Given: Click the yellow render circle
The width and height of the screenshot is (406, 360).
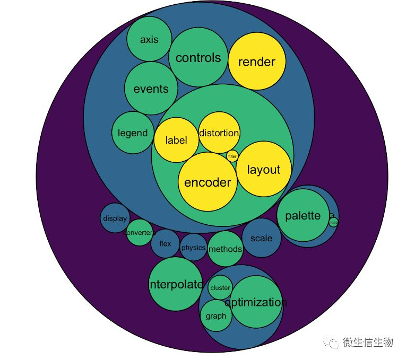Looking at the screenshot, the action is tap(257, 62).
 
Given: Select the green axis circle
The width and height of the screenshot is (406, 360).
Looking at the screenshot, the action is tap(149, 39).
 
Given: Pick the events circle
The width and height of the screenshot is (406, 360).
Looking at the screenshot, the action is tap(151, 89).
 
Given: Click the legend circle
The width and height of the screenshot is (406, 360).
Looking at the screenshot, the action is tap(133, 133).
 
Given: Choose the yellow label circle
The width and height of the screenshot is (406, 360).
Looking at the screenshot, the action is tap(176, 140).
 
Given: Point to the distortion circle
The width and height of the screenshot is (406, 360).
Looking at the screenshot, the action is tap(219, 133).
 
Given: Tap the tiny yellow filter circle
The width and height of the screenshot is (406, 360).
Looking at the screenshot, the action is tap(232, 156).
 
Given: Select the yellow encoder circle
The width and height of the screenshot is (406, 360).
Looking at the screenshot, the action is tap(208, 182).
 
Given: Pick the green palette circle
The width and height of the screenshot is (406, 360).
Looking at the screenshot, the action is tap(303, 215).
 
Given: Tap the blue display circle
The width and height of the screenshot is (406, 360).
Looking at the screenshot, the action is tap(115, 218).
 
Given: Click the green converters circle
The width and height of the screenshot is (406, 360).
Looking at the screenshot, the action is tap(140, 232).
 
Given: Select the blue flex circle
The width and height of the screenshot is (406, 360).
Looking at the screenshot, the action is tap(166, 244).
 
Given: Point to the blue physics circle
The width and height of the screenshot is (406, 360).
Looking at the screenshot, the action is tap(193, 248).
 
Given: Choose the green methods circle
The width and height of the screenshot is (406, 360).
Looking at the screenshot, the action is tap(225, 249).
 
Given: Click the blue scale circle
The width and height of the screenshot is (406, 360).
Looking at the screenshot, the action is tap(261, 238).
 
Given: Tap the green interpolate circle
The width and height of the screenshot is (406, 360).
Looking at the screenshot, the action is tap(176, 284).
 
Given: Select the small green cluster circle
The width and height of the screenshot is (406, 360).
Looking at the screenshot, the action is tap(220, 288).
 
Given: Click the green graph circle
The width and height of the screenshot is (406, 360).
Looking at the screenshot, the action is tap(215, 316).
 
